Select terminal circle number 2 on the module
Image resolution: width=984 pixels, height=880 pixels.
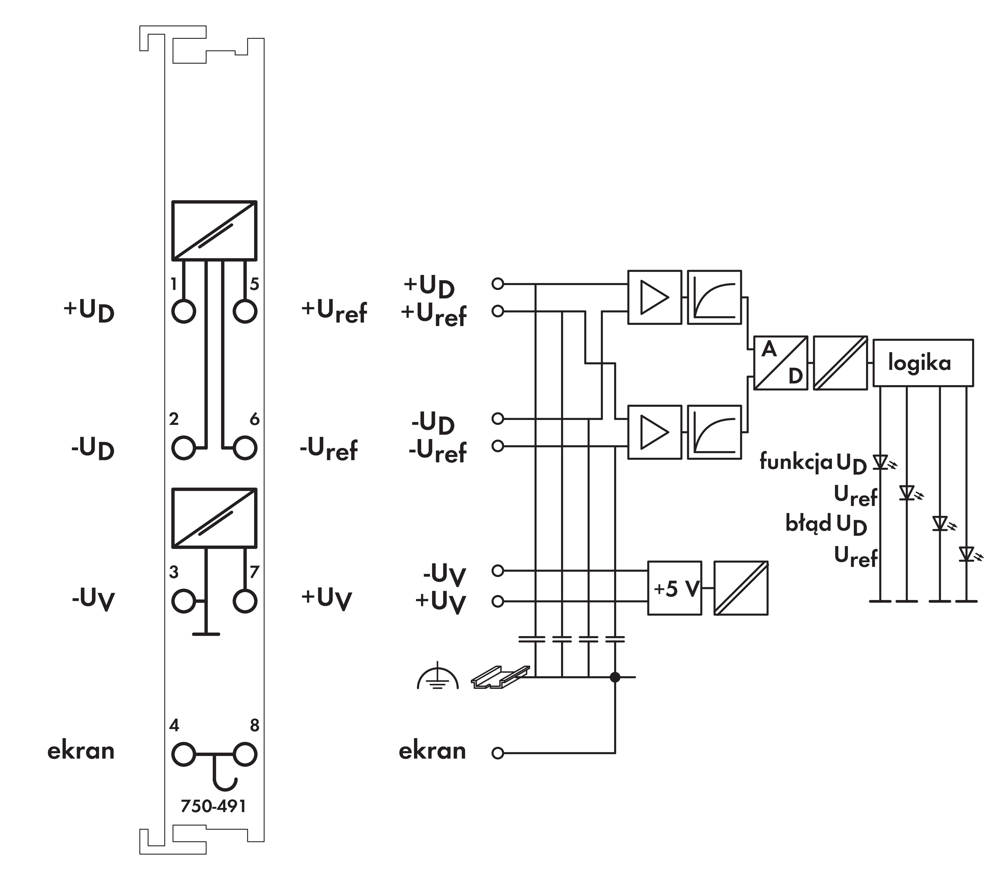click(x=183, y=448)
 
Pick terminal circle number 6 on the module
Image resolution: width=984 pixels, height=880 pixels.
click(x=245, y=448)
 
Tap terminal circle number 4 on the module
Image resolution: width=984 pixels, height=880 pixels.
click(x=183, y=754)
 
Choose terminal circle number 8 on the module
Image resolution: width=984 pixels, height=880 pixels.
click(x=245, y=754)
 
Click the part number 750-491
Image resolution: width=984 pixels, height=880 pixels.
click(x=213, y=806)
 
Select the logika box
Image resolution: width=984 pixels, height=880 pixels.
click(x=923, y=363)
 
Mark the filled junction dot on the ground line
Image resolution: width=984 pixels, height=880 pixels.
click(x=615, y=677)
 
